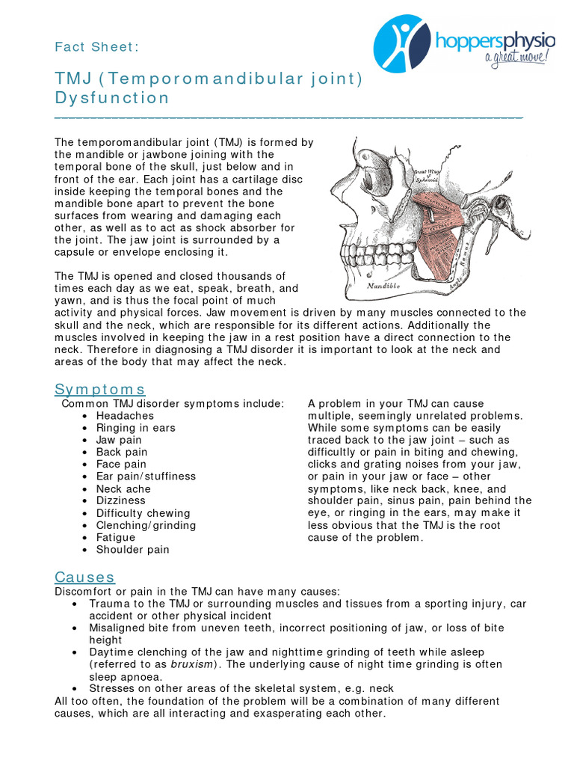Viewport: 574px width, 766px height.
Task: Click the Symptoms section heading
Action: tap(100, 390)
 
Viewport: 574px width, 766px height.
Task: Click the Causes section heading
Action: tap(84, 577)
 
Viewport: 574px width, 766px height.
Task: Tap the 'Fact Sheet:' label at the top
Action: tap(96, 47)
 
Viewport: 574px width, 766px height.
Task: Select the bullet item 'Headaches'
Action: tap(125, 416)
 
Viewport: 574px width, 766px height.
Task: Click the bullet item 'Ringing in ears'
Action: tap(135, 428)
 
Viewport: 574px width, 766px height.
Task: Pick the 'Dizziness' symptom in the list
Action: tap(120, 500)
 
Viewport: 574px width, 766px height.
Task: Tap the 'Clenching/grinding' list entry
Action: tap(146, 525)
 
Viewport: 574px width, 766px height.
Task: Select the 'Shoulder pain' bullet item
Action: tap(132, 549)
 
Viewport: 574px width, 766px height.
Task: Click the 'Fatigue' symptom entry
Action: tap(116, 537)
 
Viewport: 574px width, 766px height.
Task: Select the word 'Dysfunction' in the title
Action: tap(112, 98)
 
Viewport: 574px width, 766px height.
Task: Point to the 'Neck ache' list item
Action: tap(123, 488)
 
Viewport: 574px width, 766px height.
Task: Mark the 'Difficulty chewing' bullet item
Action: tap(143, 513)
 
